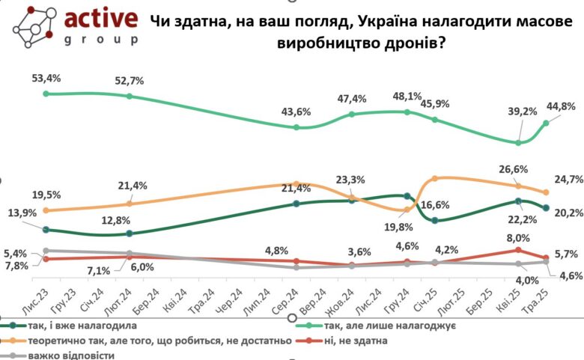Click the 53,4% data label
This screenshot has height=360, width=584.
46,78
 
